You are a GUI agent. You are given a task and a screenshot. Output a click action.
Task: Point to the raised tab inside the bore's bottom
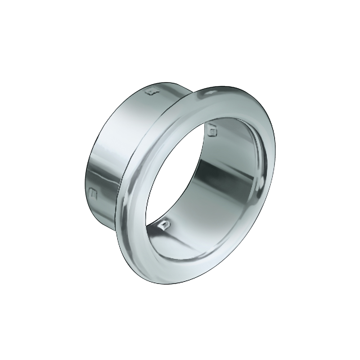pyautogui.click(x=164, y=225)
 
